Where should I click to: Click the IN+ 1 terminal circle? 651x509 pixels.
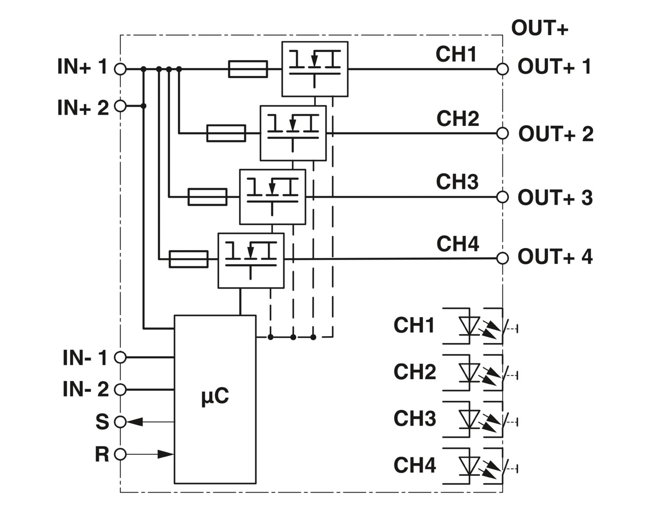(x=120, y=69)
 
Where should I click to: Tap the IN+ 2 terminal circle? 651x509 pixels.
(x=120, y=106)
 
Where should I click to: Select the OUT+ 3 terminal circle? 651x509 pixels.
(x=502, y=197)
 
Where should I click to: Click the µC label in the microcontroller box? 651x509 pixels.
(x=215, y=396)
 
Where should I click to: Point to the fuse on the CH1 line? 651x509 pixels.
(x=248, y=69)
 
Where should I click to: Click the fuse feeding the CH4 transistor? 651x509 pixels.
(x=188, y=259)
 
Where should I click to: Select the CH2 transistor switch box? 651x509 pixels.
(x=293, y=133)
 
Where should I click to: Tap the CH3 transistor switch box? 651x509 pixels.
(x=273, y=197)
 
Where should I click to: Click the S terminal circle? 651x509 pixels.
(x=120, y=421)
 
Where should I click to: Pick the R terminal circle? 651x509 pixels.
(x=120, y=454)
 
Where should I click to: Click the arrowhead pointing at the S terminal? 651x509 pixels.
(x=135, y=421)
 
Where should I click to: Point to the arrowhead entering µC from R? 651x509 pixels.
(x=165, y=454)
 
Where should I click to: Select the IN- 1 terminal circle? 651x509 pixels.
(x=120, y=357)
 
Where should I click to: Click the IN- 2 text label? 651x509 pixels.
(x=85, y=389)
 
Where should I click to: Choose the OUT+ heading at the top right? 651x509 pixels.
(x=539, y=28)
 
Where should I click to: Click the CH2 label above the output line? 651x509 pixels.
(x=457, y=119)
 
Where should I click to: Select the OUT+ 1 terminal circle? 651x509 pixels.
(x=502, y=69)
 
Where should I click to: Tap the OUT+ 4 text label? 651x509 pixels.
(x=555, y=257)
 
